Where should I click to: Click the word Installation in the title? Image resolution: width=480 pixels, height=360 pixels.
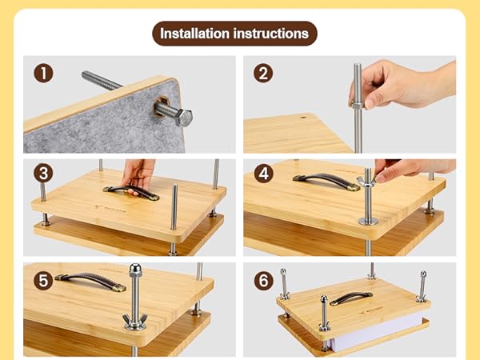(195, 34)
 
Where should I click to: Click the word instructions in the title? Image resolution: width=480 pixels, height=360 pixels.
(270, 34)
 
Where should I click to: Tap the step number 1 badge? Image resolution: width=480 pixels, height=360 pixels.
(44, 74)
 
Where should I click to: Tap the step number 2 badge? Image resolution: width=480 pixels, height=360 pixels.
(263, 74)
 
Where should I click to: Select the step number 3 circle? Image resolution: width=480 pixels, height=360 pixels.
(44, 173)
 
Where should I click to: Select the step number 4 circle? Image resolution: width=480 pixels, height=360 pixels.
(263, 173)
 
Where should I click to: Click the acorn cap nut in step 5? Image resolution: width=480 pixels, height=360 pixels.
(135, 274)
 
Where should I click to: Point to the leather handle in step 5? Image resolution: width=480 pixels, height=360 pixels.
(90, 281)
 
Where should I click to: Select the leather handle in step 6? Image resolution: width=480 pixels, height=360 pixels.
(351, 299)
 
